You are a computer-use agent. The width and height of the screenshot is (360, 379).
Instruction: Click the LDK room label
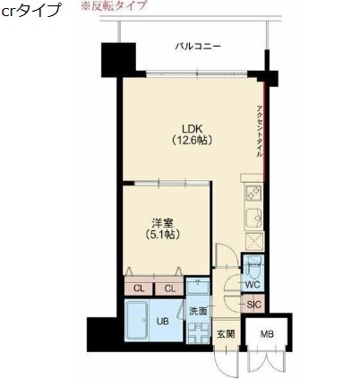[x=193, y=129]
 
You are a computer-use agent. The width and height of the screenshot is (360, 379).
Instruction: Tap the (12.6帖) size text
[x=193, y=140]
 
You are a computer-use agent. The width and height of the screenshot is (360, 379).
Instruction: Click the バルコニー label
[x=198, y=47]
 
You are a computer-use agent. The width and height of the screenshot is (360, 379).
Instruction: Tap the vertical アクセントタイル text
[x=259, y=131]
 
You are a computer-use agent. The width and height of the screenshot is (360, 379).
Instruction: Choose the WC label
[x=253, y=284]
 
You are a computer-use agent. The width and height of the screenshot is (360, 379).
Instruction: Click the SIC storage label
[x=253, y=305]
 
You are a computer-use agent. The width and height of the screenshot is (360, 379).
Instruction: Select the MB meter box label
[x=267, y=334]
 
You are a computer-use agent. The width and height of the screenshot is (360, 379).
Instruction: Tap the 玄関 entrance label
[x=226, y=334]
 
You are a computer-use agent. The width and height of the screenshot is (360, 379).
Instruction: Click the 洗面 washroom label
[x=198, y=311]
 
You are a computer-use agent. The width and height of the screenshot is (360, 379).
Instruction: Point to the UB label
[x=163, y=322]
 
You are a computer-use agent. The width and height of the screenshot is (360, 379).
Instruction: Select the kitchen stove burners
[x=253, y=193]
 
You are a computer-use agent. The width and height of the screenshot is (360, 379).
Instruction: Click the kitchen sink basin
[x=253, y=218]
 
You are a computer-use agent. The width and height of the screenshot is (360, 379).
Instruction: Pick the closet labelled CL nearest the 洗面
[x=169, y=289]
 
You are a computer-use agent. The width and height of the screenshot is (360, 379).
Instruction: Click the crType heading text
[x=31, y=11]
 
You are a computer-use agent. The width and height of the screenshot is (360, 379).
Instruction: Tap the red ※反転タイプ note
[x=114, y=5]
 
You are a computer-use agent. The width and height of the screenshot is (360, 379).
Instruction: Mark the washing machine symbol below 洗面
[x=198, y=332]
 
